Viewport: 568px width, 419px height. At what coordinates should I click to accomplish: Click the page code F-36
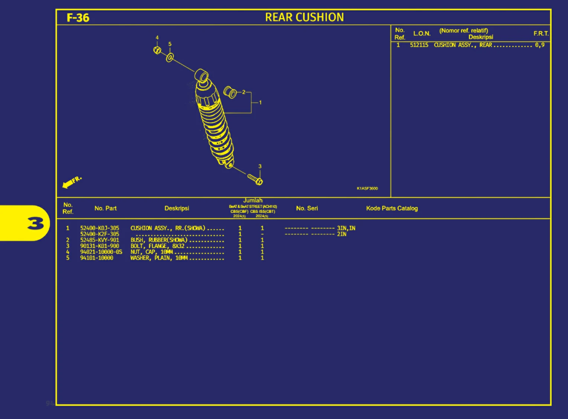coord(78,18)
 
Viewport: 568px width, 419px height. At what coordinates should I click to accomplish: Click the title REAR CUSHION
coord(304,17)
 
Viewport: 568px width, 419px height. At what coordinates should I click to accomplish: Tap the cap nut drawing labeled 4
coord(157,50)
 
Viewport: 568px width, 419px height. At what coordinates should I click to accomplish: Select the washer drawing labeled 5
coord(170,58)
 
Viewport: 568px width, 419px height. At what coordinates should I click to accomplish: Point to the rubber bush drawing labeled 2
coord(230,92)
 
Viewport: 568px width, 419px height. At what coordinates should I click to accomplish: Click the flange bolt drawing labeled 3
coord(255,180)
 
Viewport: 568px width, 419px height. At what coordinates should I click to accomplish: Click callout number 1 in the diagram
coord(260,103)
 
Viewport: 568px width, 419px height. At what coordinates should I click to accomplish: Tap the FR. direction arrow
coord(71,182)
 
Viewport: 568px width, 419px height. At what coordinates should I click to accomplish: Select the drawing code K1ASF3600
coord(367,188)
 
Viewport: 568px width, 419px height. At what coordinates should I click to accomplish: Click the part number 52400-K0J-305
coord(100,228)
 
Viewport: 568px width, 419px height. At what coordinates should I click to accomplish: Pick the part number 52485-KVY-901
coord(100,240)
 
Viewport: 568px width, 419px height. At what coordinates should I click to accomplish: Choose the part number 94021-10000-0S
coord(101,252)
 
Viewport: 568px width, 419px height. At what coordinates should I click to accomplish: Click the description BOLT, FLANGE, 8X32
coord(157,246)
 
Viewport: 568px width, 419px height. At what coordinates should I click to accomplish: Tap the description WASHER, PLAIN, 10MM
coord(159,258)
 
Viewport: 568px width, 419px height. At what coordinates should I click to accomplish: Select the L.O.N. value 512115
coord(419,45)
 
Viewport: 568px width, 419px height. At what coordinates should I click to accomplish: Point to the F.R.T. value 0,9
coord(540,45)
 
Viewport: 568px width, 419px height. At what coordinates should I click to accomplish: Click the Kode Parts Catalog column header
coord(392,208)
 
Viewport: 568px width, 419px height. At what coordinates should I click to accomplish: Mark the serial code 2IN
coord(342,234)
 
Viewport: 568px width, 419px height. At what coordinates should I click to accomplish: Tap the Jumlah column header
coord(253,200)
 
